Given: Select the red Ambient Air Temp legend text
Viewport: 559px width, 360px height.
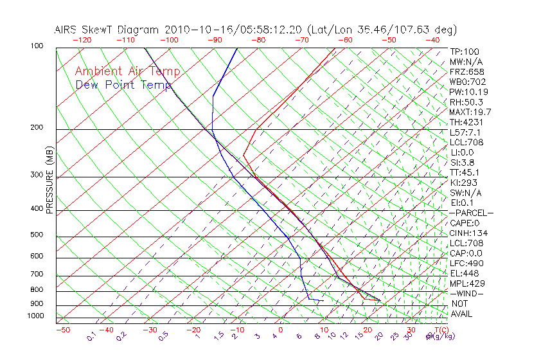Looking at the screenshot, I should [127, 72].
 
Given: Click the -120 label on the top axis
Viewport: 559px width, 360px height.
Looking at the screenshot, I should [82, 40].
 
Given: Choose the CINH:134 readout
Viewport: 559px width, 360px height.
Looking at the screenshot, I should [468, 233].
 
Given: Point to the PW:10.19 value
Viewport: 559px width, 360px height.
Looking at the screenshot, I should [468, 92].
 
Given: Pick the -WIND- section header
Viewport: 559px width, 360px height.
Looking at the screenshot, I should [467, 294].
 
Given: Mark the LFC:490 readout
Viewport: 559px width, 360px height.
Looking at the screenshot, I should [467, 264].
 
